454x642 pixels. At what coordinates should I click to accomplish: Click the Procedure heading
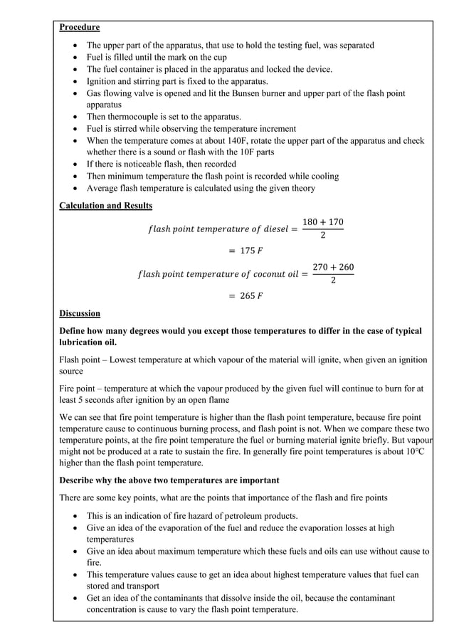click(x=79, y=28)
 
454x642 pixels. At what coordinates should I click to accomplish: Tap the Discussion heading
click(x=80, y=313)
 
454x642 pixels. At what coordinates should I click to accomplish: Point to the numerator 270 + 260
click(x=333, y=268)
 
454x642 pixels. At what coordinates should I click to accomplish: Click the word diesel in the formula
click(x=270, y=229)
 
